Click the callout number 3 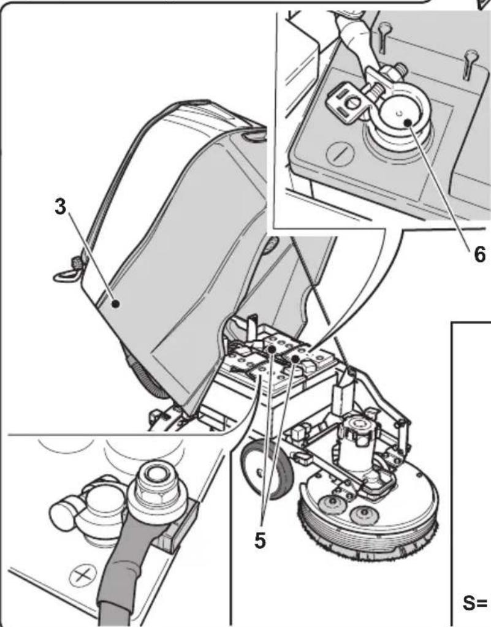pos(60,208)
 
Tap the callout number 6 pos(479,254)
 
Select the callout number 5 pos(260,541)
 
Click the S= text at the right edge pos(474,604)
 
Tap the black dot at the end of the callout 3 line pos(116,304)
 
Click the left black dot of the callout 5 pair pos(272,349)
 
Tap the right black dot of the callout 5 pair pos(295,359)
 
